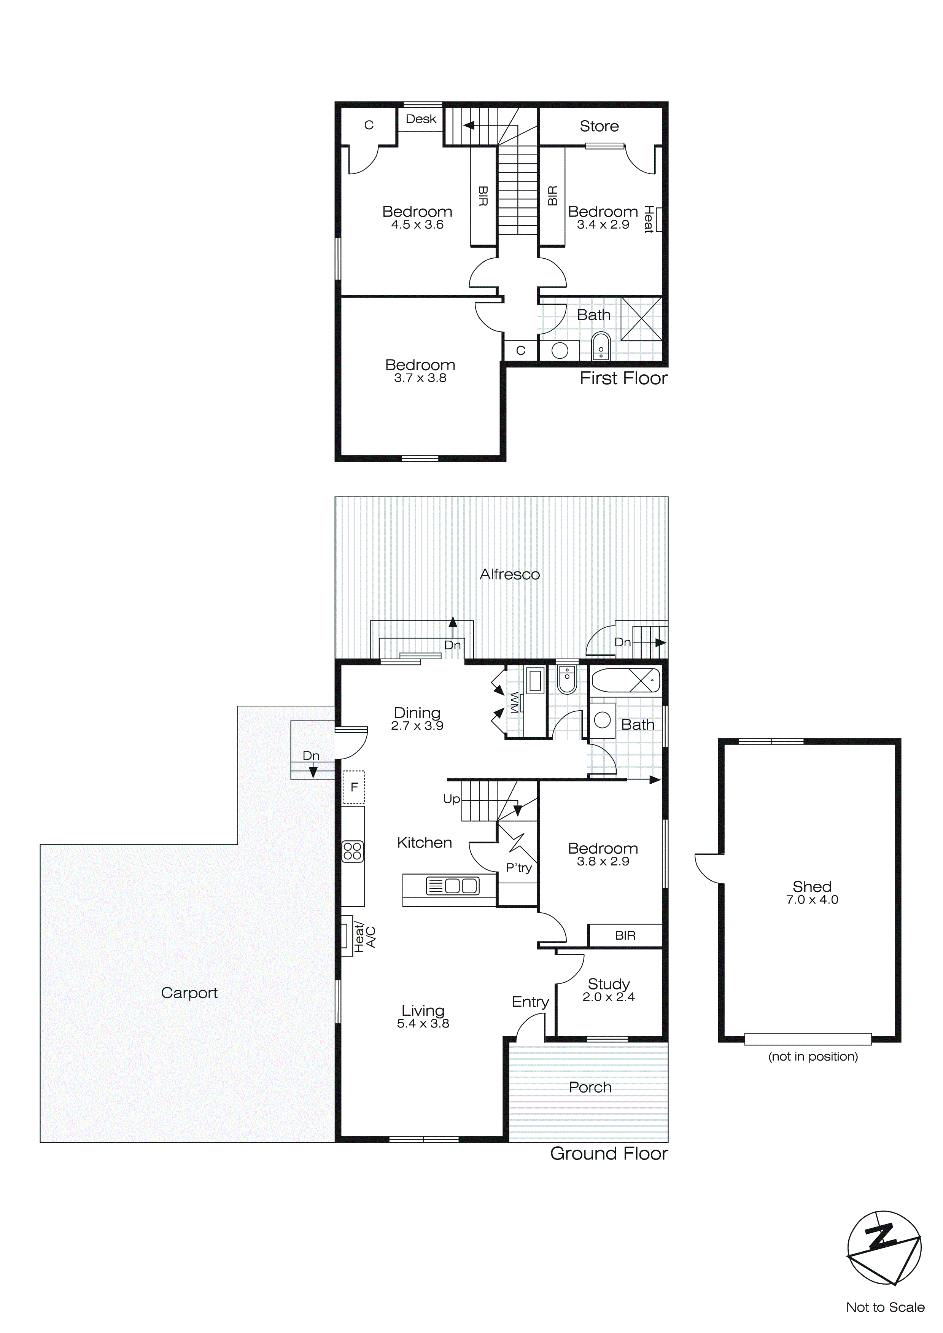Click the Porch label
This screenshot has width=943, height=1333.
point(590,1087)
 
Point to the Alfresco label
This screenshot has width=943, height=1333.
point(509,574)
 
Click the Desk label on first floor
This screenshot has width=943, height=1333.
point(420,119)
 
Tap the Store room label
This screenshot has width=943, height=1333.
point(599,126)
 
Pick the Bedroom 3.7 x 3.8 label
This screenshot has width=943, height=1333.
point(420,371)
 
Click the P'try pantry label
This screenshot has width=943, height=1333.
point(518,868)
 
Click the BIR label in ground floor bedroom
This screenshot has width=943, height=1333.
point(625,935)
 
